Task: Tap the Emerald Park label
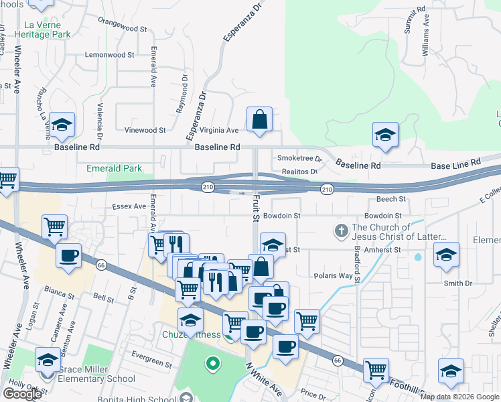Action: pos(114,168)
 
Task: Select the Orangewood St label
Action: pos(122,29)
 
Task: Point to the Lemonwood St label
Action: pos(110,55)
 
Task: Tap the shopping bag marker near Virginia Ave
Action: pos(259,121)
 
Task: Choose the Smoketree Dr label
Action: pos(300,159)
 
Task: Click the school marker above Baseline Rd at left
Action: pos(62,125)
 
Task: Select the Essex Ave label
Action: pos(129,206)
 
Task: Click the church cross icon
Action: pos(341,232)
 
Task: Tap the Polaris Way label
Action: pos(333,275)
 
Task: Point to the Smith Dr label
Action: pos(458,283)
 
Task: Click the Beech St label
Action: pos(391,199)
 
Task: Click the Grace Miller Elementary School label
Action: pos(95,373)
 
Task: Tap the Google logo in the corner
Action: pos(22,394)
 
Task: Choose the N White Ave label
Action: pos(263,379)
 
